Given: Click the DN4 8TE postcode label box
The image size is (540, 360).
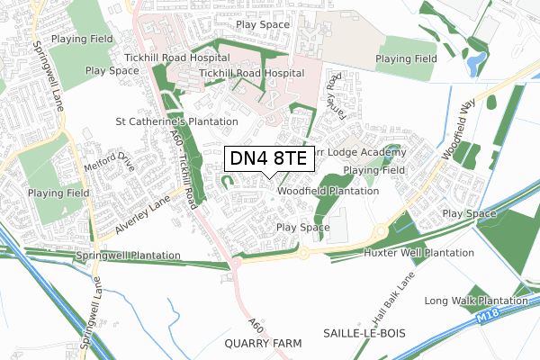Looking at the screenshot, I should (x=267, y=159).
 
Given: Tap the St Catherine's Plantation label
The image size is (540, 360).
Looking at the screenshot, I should (x=176, y=121).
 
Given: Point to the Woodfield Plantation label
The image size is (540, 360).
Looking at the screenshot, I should (x=328, y=191).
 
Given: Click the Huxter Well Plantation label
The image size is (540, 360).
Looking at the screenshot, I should (x=419, y=253).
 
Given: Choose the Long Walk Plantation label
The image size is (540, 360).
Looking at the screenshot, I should (x=476, y=300).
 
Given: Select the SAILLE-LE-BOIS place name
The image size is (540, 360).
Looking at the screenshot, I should (x=364, y=332).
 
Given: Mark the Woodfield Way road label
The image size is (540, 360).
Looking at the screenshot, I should (x=457, y=131).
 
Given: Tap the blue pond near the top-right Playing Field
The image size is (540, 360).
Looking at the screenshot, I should (x=476, y=62).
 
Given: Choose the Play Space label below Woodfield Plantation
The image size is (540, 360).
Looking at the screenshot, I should (x=303, y=228).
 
